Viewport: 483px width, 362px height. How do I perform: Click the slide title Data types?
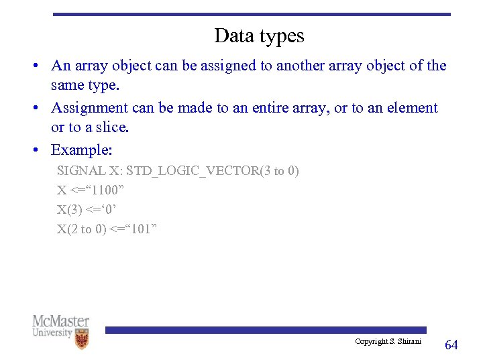(x=259, y=36)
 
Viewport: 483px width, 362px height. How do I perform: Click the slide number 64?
(x=451, y=345)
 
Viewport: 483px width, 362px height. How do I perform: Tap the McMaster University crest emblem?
(x=81, y=339)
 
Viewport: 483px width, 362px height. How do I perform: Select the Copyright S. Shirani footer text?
(x=388, y=341)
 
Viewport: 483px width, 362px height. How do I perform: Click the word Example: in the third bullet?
(x=81, y=149)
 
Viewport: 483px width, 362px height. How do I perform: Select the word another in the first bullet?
(x=300, y=66)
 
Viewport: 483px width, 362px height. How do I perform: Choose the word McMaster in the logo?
(x=61, y=321)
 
